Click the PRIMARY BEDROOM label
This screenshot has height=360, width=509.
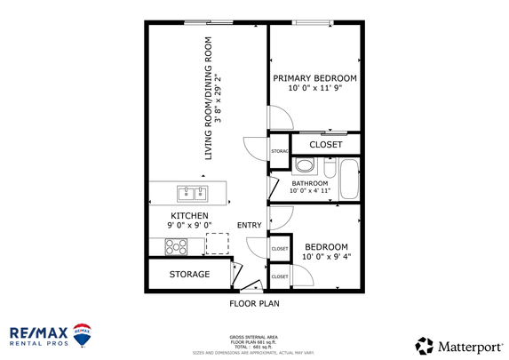[x=315, y=77]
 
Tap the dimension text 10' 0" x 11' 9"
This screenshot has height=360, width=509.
[x=315, y=88]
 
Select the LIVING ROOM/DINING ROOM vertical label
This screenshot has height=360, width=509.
[x=210, y=98]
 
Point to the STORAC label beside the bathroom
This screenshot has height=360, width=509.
[x=279, y=152]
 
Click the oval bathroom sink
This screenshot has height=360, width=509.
[x=304, y=164]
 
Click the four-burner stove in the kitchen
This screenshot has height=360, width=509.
[x=175, y=244]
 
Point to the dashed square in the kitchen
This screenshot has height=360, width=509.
[x=217, y=243]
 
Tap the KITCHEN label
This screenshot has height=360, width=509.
[x=189, y=216]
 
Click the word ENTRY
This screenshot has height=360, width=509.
[x=249, y=225]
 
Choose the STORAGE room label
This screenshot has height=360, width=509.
[x=189, y=275]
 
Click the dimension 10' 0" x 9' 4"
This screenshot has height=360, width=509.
[x=326, y=257]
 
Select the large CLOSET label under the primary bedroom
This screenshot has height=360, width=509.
[x=326, y=144]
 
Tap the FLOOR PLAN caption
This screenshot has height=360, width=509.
[x=255, y=303]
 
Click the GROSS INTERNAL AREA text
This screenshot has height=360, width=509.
[x=254, y=339]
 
